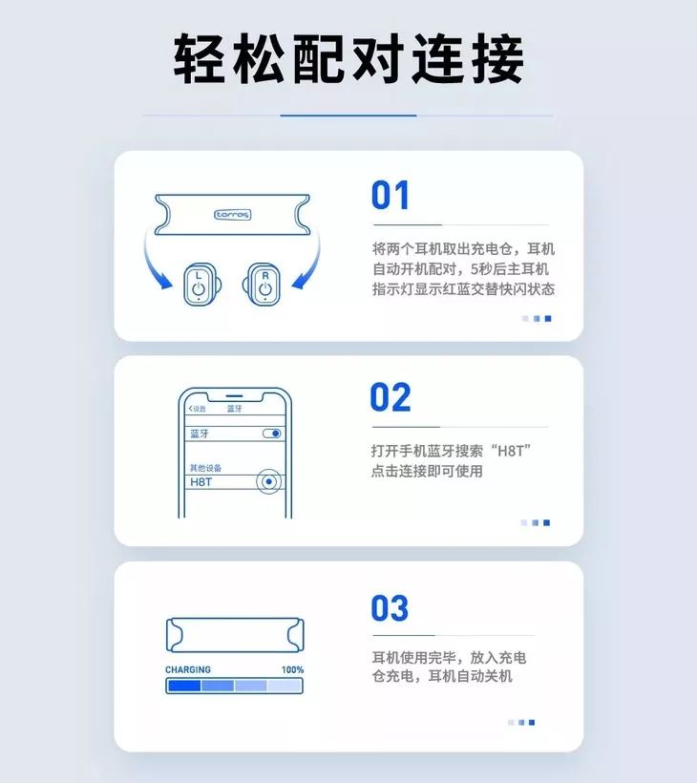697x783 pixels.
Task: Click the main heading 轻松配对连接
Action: click(348, 59)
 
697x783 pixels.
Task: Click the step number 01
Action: click(391, 196)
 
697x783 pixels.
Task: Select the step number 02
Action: click(391, 397)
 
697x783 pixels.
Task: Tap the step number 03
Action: click(391, 608)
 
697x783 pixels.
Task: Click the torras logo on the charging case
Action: click(232, 215)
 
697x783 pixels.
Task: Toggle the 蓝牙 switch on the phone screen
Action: click(272, 434)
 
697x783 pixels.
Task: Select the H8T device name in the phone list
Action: click(201, 482)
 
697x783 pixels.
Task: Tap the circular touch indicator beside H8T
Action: click(270, 482)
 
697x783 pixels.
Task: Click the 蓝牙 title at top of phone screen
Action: click(234, 409)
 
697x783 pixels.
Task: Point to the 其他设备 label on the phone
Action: click(204, 468)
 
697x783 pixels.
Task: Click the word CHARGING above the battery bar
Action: click(188, 670)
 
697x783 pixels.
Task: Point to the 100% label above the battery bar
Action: click(292, 670)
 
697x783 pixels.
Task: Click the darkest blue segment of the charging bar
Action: click(183, 686)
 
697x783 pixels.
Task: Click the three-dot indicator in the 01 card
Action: click(537, 318)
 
